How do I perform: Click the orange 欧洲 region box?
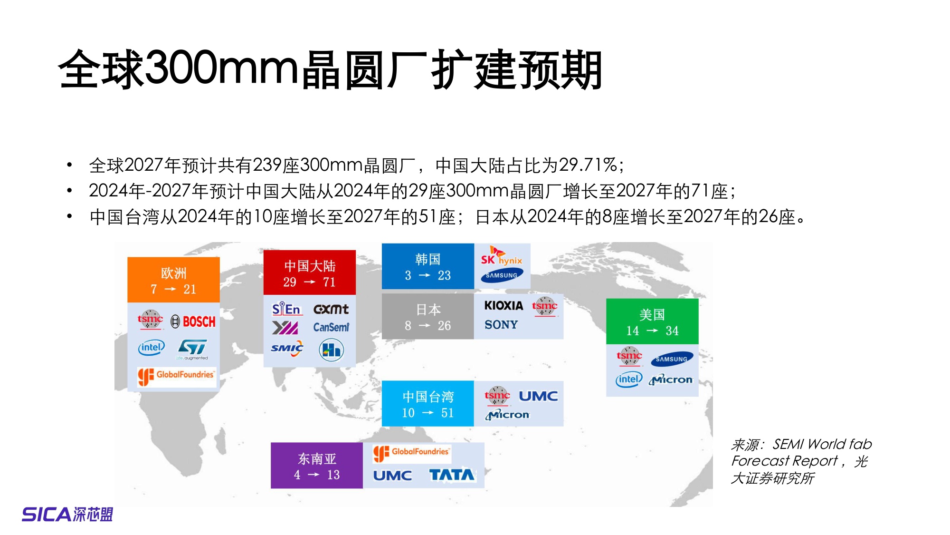click(x=173, y=280)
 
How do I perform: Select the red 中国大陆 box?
click(x=309, y=273)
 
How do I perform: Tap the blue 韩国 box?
click(x=427, y=266)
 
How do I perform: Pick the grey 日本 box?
click(x=427, y=317)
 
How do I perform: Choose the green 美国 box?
click(x=652, y=321)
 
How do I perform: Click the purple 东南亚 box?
click(x=316, y=466)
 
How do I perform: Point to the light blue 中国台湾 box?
click(x=427, y=404)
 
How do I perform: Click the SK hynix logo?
click(x=501, y=257)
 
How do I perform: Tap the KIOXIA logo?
click(x=503, y=306)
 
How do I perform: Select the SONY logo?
click(x=501, y=325)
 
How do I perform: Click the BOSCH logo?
click(x=193, y=322)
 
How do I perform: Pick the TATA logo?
click(x=451, y=475)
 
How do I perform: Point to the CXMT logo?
click(x=331, y=310)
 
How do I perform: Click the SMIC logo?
click(x=287, y=348)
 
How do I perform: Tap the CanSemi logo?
click(x=331, y=327)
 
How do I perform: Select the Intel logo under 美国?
click(x=628, y=379)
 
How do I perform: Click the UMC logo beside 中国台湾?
click(x=538, y=396)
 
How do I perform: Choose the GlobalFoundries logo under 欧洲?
click(x=176, y=376)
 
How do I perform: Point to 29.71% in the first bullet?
click(x=588, y=165)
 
